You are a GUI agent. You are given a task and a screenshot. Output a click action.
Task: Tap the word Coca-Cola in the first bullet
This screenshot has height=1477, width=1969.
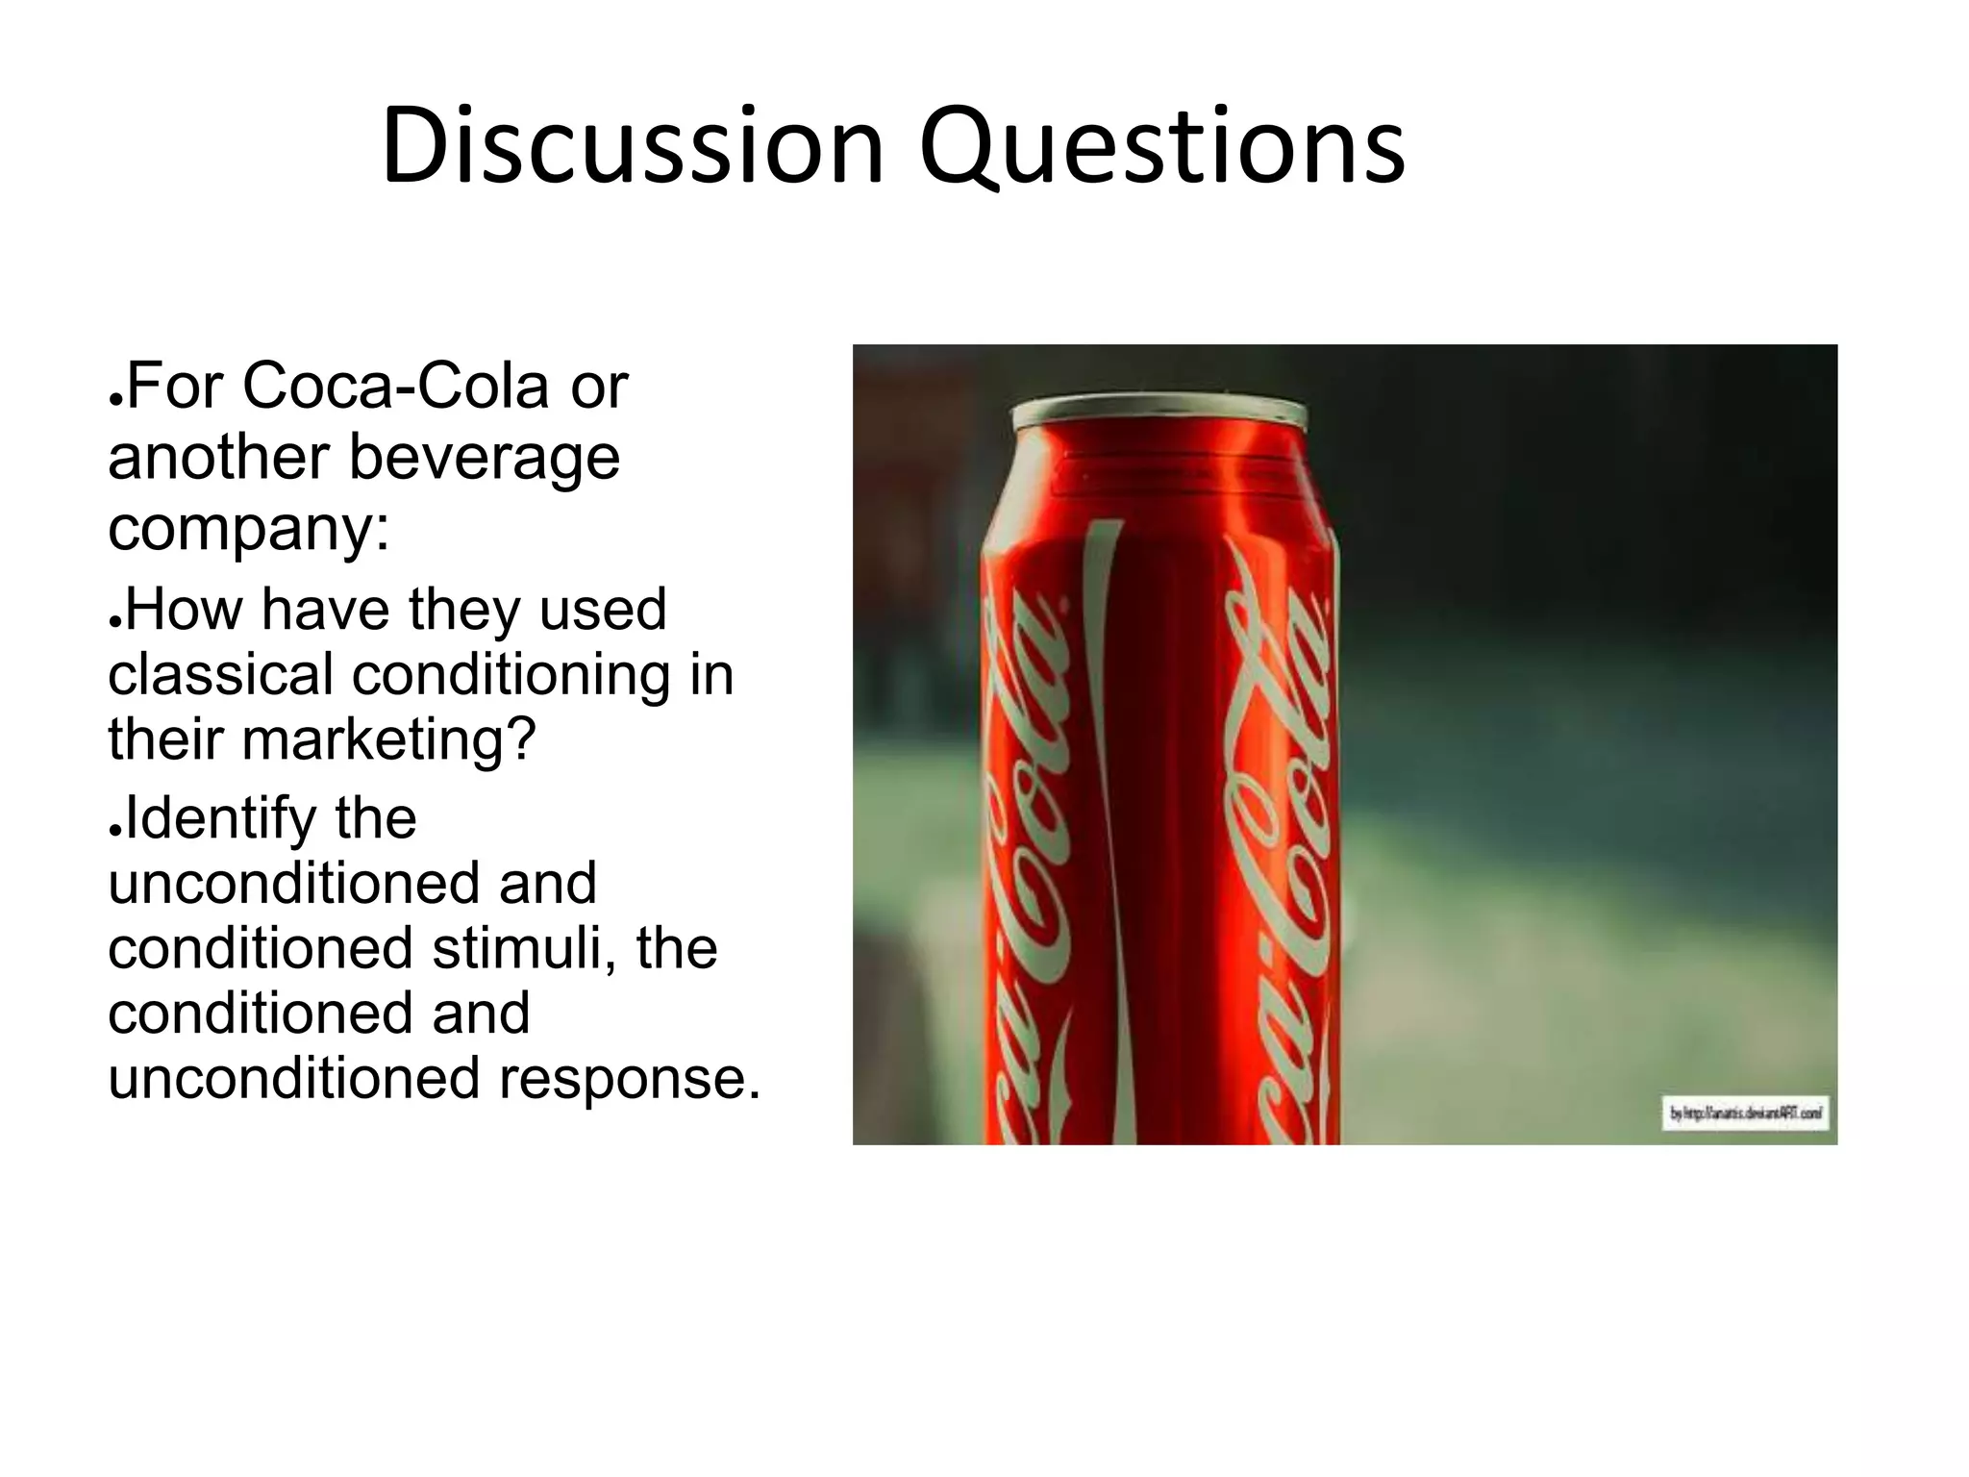tap(396, 386)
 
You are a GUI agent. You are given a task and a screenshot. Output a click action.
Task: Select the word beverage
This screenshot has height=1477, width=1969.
tap(484, 458)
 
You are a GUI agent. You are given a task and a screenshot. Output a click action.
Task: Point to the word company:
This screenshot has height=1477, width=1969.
tap(249, 528)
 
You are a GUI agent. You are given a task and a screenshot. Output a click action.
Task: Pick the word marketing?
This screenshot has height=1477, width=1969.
tap(388, 739)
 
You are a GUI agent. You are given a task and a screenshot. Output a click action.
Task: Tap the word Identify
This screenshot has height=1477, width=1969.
tap(221, 819)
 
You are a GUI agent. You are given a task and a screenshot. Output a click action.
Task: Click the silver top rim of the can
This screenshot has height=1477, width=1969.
tap(1159, 413)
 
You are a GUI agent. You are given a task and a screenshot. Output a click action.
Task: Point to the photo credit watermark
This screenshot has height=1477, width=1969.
tap(1745, 1114)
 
